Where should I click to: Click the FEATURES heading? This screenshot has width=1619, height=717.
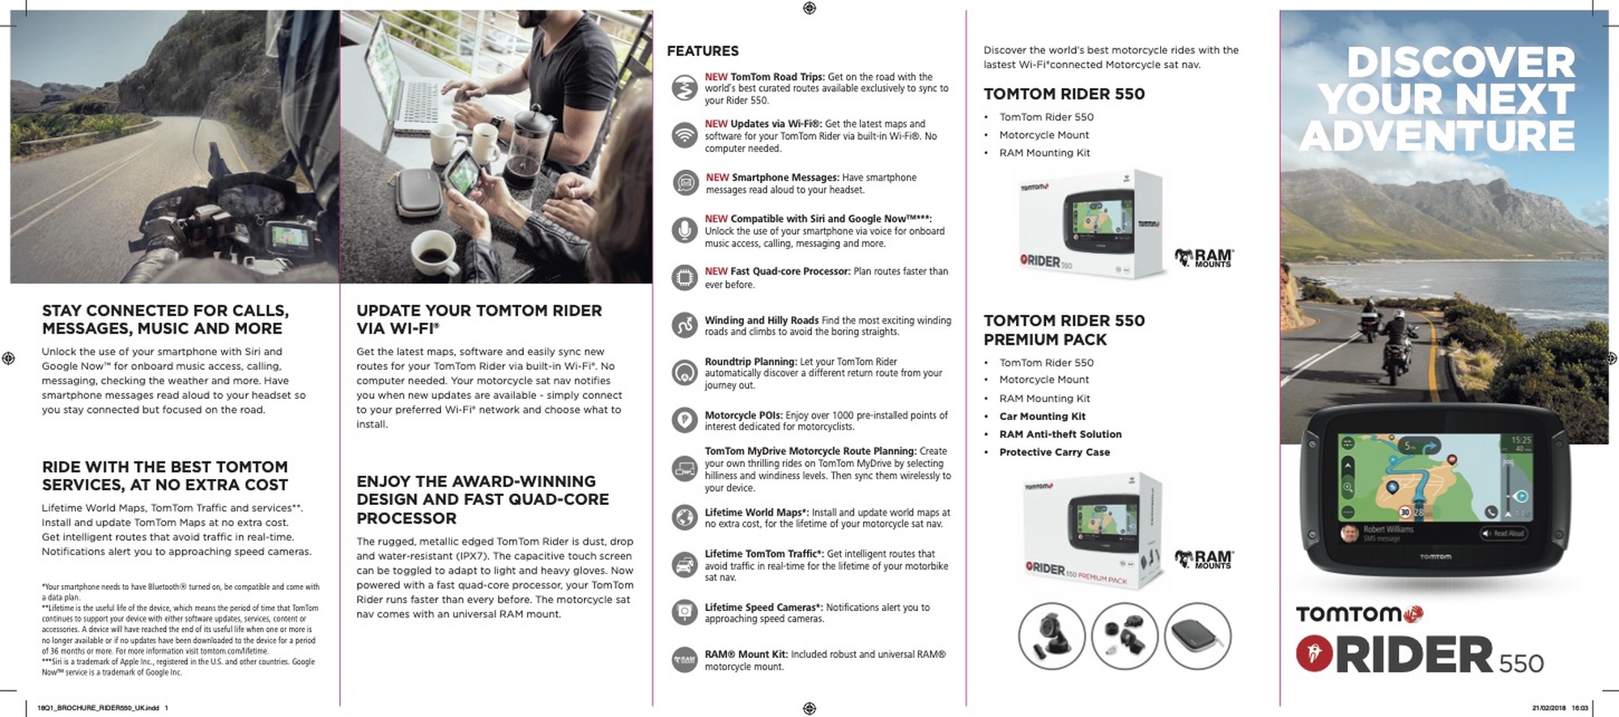click(703, 51)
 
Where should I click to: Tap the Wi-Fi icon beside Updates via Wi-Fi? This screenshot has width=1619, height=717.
click(685, 135)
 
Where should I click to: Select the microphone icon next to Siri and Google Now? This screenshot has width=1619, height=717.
click(685, 231)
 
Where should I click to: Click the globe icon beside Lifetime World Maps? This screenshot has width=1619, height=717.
click(685, 517)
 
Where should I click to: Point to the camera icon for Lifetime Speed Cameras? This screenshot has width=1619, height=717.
click(685, 612)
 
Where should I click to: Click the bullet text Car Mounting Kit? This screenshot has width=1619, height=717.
click(1042, 417)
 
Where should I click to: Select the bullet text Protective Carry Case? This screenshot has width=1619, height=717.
click(1054, 452)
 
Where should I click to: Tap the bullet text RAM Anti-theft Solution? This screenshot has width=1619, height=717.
click(1060, 435)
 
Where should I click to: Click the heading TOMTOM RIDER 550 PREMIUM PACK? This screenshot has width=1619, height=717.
click(1064, 330)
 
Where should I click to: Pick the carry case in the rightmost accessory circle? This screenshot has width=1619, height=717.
click(1197, 636)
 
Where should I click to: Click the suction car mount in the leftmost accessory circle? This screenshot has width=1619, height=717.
click(1052, 636)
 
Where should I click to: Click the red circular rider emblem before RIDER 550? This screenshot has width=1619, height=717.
click(1314, 654)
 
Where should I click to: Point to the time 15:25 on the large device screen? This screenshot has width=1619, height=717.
click(1521, 440)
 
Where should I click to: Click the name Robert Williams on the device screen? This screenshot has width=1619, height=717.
click(1388, 529)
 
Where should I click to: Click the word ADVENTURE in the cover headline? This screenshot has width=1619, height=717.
click(1438, 135)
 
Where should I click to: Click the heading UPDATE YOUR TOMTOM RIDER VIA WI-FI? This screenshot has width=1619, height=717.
click(479, 320)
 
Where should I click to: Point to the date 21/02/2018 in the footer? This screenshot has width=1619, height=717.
click(1549, 708)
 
